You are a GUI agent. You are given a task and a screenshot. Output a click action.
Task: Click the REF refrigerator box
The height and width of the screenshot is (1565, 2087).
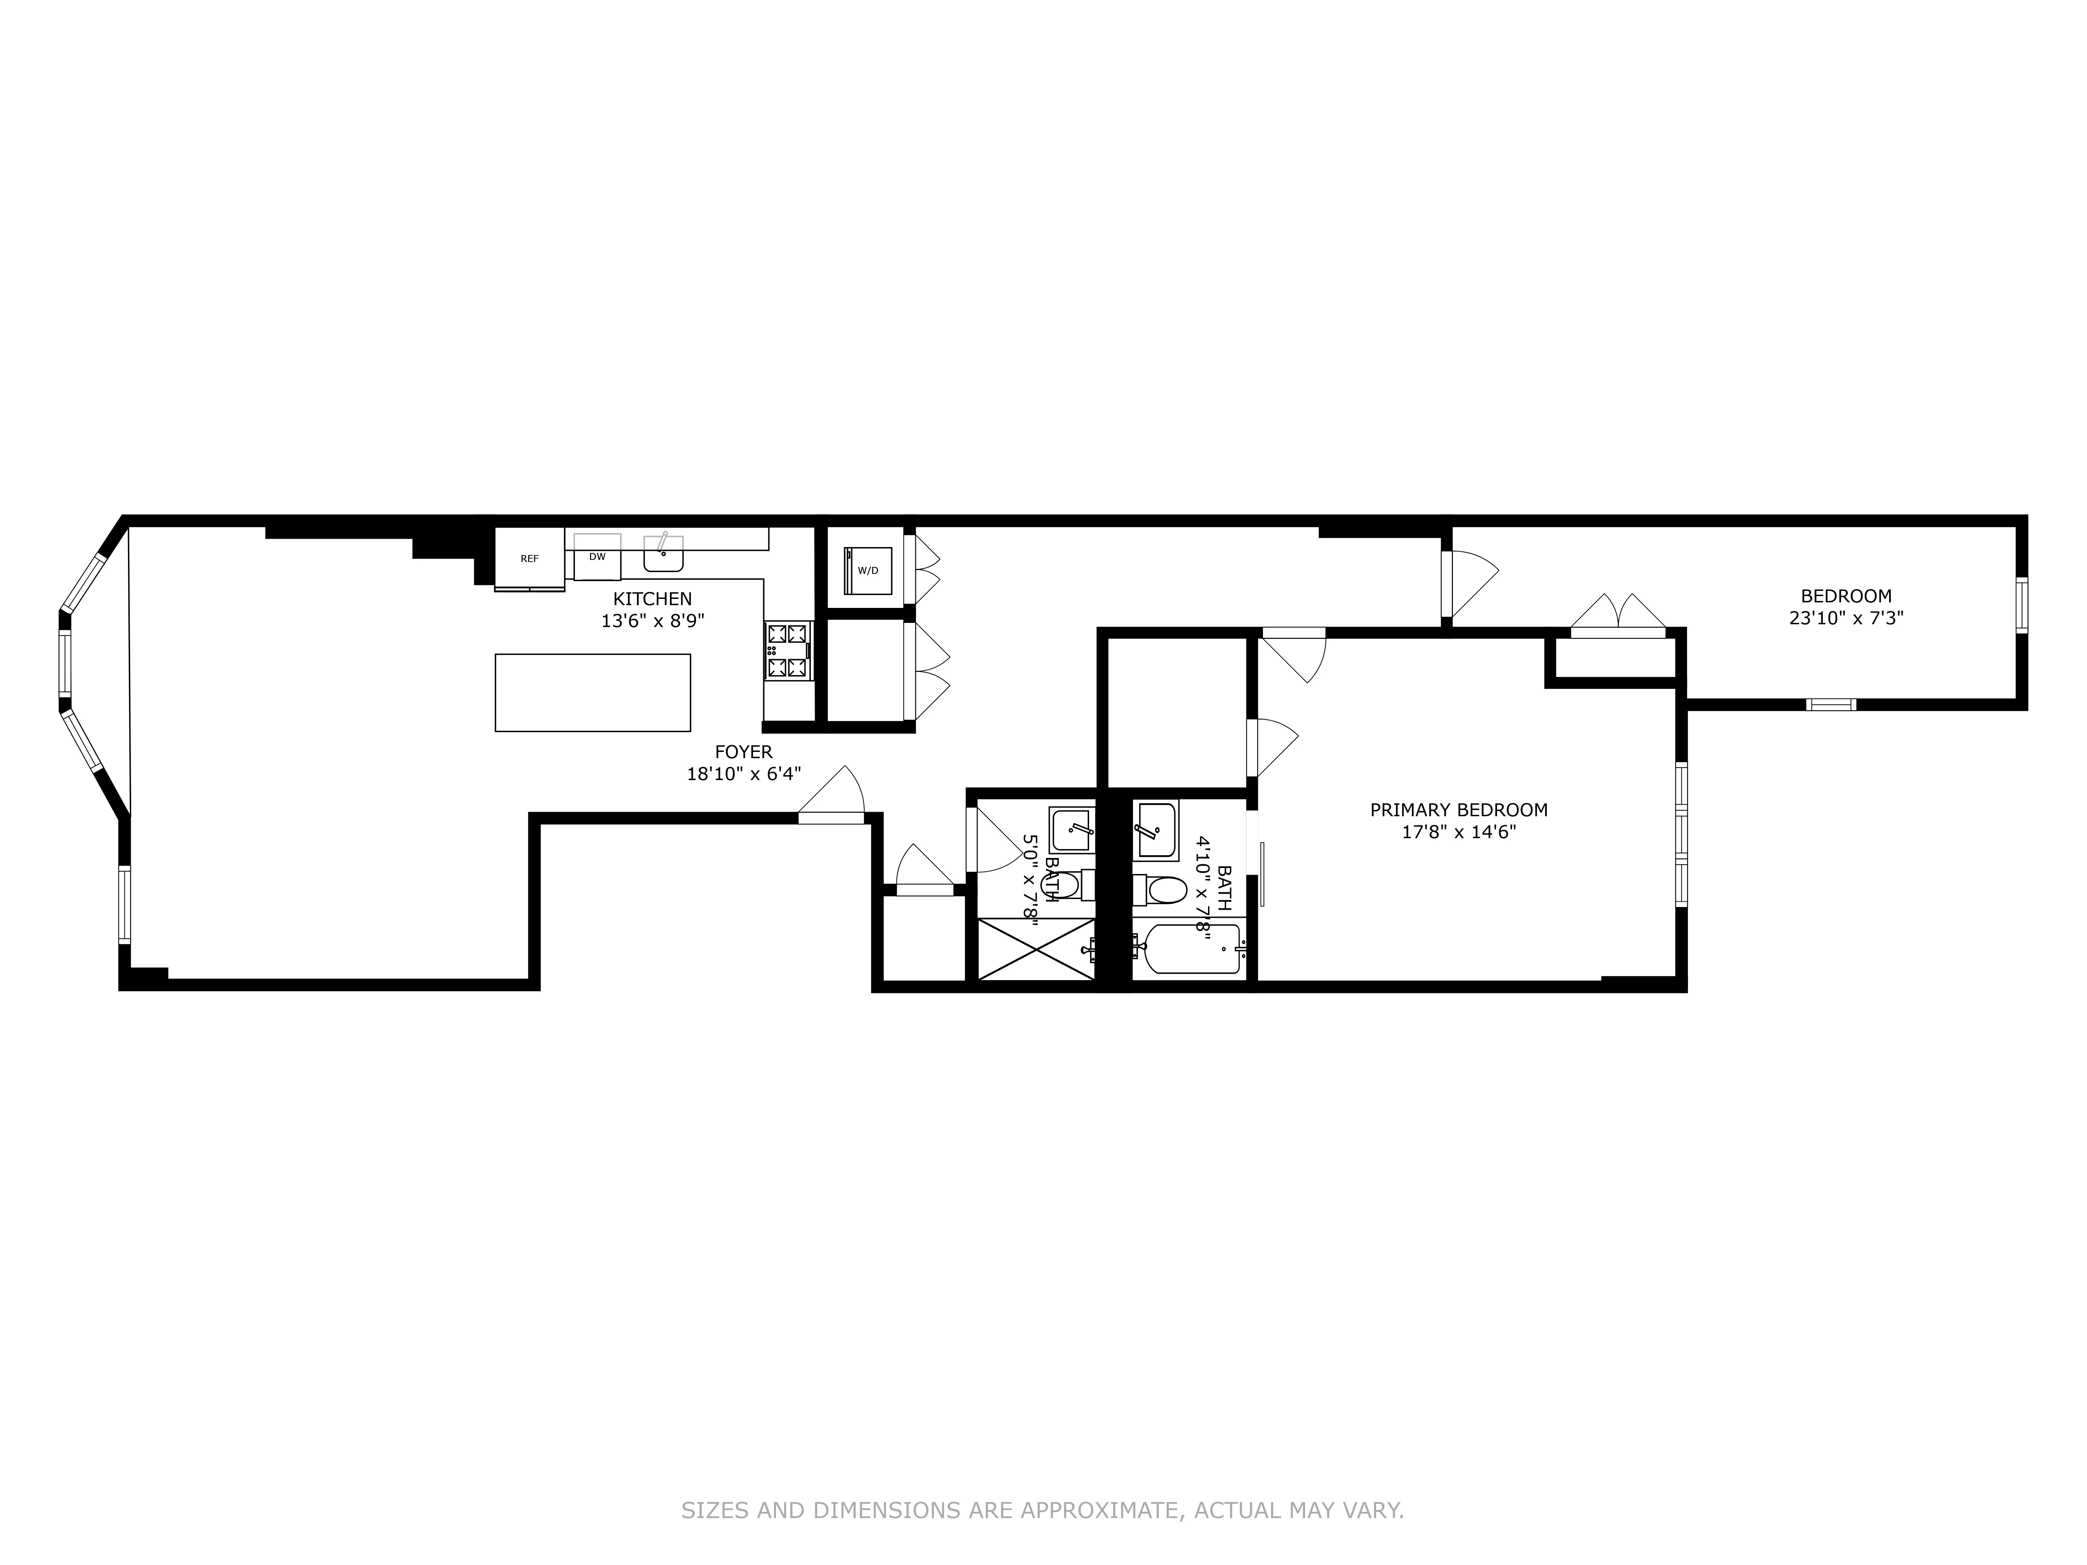[x=529, y=559]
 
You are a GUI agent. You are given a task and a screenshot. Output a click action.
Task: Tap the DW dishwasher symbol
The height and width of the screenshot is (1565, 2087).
[x=597, y=557]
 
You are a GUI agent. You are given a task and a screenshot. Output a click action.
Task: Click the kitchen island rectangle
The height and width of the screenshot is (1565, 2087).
[x=592, y=692]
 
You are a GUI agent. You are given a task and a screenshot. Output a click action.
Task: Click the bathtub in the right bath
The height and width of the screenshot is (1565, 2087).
[x=1191, y=949]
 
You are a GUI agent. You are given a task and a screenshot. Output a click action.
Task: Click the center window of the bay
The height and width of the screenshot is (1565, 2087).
[x=64, y=663]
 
